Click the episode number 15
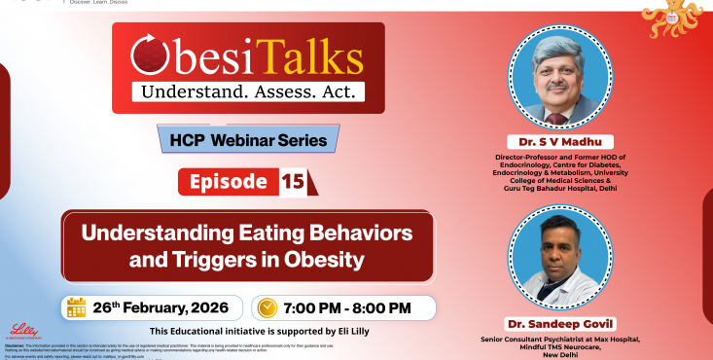coord(292,181)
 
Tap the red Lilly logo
coord(22,331)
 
